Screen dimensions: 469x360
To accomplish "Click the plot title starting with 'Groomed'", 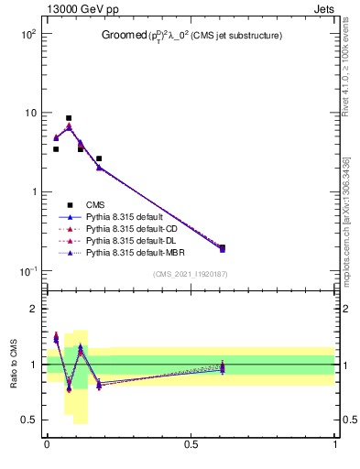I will (191, 36).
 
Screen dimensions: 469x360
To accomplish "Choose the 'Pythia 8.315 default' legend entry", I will (125, 218).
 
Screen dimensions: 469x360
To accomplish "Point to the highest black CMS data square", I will (69, 118).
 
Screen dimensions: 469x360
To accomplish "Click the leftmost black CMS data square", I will (56, 149).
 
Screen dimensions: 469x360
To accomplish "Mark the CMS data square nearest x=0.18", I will (99, 158).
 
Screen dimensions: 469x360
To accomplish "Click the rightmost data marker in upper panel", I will (223, 247).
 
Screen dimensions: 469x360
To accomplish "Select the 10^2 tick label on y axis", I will (27, 34).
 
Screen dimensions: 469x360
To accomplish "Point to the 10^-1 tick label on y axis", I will (27, 271).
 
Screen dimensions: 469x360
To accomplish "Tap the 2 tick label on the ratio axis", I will (33, 309).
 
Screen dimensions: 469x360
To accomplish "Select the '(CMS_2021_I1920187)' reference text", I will (191, 274).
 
